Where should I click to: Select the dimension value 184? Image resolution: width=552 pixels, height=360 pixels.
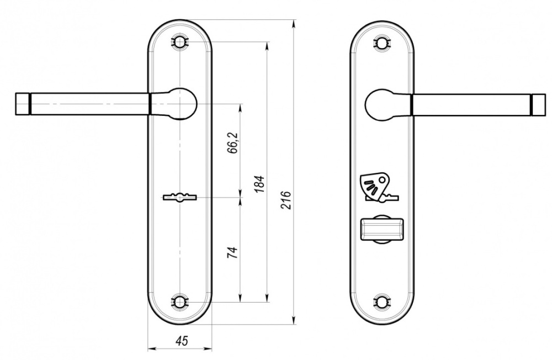259,183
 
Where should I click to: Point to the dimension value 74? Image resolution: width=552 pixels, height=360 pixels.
233,252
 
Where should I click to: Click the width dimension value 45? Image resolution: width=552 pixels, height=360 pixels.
182,340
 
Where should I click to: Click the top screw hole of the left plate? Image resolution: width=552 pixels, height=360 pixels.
179,43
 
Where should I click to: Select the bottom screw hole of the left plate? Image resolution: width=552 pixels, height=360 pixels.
179,301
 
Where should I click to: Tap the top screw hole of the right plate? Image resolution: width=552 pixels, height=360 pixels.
382,43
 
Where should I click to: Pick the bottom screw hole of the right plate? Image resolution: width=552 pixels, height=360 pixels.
382,301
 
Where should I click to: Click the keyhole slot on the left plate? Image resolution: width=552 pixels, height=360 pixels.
179,197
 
